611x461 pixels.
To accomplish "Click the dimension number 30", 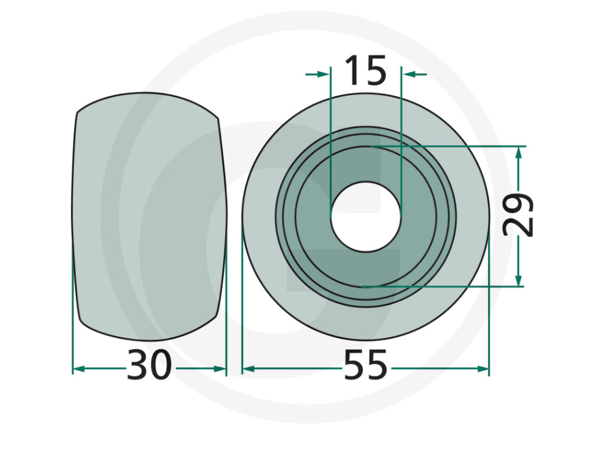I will coord(149,367).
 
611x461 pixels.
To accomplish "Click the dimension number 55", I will coord(365,367).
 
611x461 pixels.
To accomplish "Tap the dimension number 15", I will coord(365,71).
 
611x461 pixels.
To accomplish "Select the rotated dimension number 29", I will coord(519,216).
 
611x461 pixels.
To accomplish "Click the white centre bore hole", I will coord(366,217).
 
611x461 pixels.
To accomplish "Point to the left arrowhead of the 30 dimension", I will coord(78,369).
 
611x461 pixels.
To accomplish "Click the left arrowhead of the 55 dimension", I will coord(247,369).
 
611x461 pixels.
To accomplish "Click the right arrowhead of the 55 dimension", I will coord(484,369).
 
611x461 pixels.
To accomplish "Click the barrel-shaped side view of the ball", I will coord(149,217).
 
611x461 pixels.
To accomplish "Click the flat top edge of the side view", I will coord(148,94).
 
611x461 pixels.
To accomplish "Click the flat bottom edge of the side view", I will coord(148,340).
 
